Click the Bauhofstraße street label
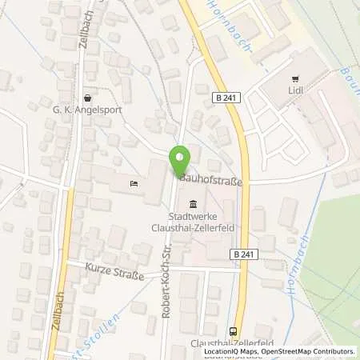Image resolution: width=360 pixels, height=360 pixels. (212, 182)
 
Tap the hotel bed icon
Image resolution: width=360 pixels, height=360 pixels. (134, 185)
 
